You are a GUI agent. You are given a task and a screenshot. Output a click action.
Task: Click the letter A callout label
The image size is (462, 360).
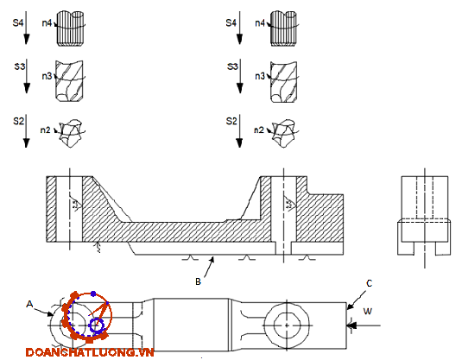coord(29,304)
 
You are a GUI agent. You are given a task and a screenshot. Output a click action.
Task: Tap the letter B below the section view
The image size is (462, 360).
coord(198,281)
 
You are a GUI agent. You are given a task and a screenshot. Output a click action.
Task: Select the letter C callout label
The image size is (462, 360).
coord(370,283)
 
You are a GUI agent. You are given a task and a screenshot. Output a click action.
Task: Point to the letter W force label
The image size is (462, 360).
coord(367,311)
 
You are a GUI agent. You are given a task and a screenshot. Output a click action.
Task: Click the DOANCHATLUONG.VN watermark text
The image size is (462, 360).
coord(90,352)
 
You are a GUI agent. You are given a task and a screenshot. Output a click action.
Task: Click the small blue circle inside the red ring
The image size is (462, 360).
coord(97,325)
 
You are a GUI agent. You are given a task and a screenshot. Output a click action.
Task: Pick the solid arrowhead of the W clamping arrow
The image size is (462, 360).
coord(351,325)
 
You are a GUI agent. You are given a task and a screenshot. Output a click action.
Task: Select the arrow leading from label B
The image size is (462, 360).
coord(209,267)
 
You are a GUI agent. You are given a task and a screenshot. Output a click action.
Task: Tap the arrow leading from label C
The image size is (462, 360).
coord(357,300)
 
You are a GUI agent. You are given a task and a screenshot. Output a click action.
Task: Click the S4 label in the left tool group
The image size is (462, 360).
coord(18,22)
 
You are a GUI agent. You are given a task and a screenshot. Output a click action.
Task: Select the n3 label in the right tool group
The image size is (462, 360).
coord(260,76)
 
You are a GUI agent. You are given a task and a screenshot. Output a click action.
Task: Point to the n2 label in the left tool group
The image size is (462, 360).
coord(46,129)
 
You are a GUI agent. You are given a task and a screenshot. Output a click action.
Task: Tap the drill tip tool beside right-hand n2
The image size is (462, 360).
coord(283,133)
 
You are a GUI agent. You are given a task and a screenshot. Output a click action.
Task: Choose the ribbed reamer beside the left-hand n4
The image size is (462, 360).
coord(70,28)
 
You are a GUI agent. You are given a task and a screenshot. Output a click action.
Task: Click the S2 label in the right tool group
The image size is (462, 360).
coord(231,121)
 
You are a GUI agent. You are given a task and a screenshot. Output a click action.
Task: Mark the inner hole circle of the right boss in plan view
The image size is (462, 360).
coord(287,313)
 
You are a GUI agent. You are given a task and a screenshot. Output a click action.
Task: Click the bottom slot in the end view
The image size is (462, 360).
coord(425,249)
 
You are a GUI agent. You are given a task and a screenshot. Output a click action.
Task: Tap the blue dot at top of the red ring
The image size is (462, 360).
coord(93,294)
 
